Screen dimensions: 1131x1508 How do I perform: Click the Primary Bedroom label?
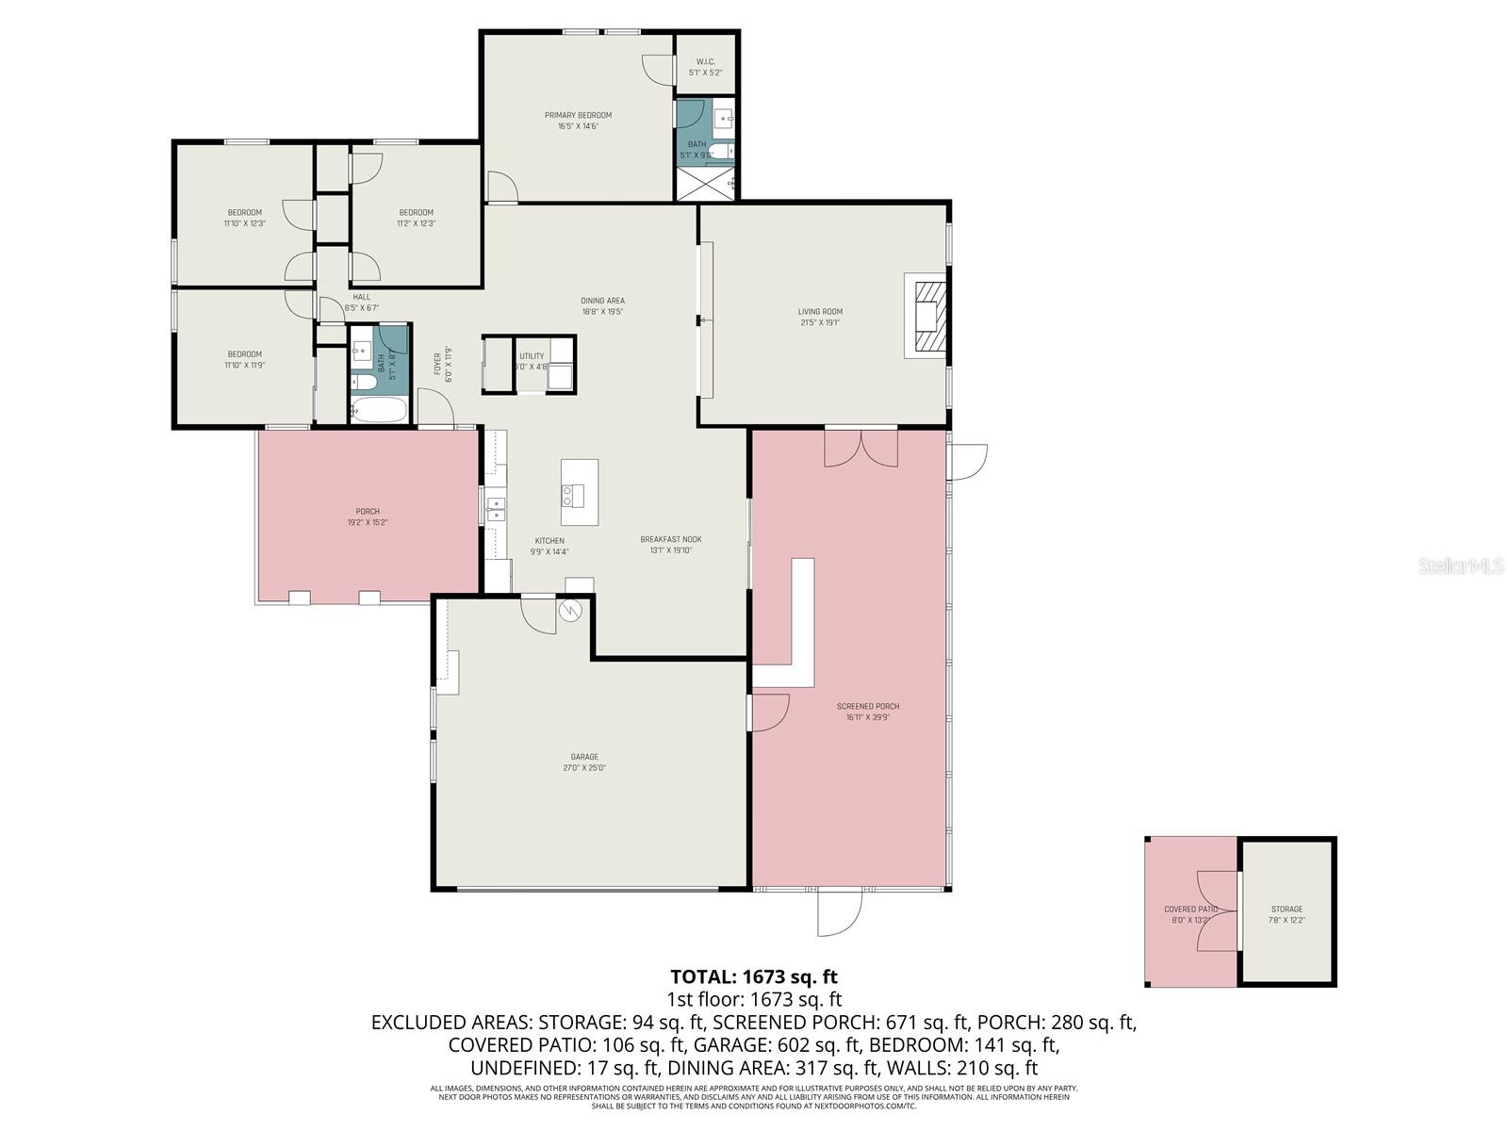click(578, 115)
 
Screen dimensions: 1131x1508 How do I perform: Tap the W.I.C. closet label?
click(705, 62)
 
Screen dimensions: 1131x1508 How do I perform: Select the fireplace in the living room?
click(925, 315)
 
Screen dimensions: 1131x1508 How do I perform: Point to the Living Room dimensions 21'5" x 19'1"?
click(819, 322)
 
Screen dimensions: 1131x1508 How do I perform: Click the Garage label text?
click(584, 757)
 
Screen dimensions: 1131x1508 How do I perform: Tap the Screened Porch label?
click(867, 706)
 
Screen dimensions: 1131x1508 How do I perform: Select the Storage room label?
click(1287, 910)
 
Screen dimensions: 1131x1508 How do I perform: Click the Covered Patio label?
click(1190, 910)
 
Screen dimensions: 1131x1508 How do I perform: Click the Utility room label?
click(532, 356)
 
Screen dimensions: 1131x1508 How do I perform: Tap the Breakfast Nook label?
click(670, 539)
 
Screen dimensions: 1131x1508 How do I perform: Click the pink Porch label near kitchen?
click(368, 512)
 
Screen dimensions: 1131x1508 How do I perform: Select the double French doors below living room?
click(861, 448)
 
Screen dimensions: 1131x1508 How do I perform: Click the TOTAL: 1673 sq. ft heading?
click(753, 976)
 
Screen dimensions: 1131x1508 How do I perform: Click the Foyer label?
click(437, 364)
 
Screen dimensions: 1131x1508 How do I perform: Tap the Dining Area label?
click(602, 301)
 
